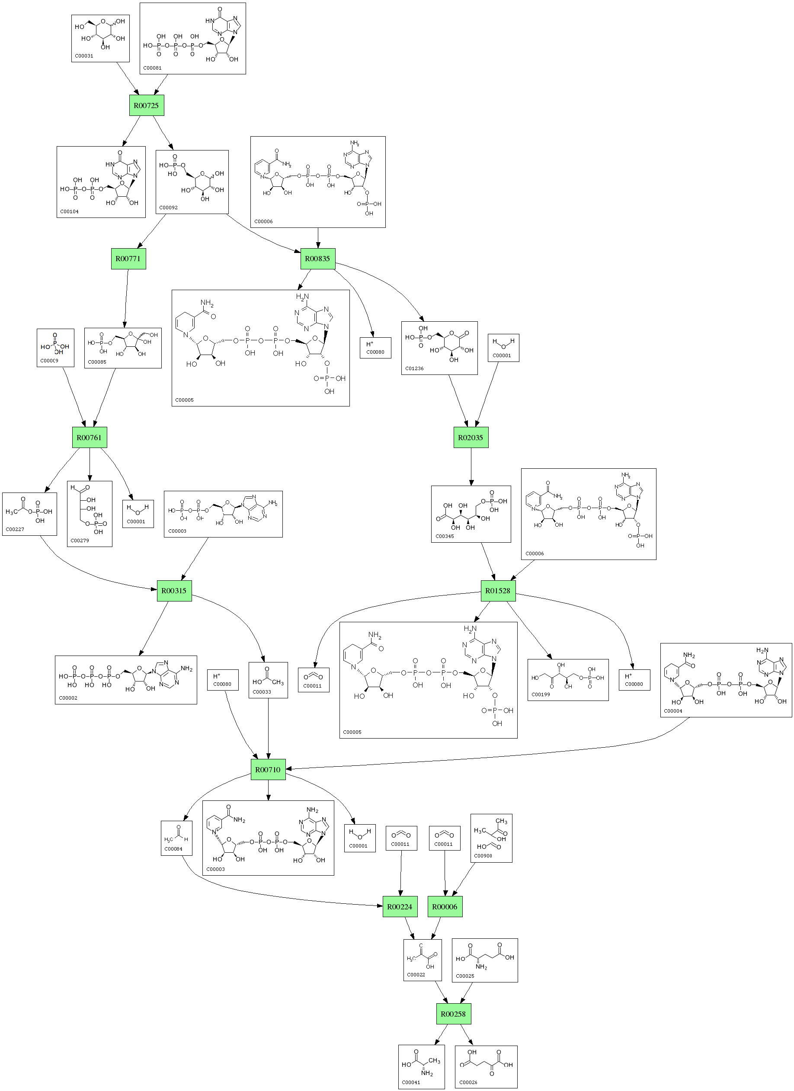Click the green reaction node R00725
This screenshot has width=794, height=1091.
tap(146, 106)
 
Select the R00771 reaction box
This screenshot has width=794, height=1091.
tap(128, 259)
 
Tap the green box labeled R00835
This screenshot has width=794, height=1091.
tap(317, 259)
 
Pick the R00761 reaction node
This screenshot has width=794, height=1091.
tap(90, 438)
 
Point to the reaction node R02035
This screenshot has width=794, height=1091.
tap(471, 438)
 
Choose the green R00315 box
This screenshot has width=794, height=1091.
tap(174, 591)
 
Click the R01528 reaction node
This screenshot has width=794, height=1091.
tap(498, 591)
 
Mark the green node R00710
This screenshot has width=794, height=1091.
tap(268, 770)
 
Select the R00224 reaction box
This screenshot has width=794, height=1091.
tap(400, 907)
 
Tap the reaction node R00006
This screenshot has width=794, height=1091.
tap(445, 907)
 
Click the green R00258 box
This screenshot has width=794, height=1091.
tap(453, 1014)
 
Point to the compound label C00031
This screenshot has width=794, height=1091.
tap(84, 56)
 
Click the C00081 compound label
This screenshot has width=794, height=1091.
tap(153, 68)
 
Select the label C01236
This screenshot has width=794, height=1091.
tap(414, 368)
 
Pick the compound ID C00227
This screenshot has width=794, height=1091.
tap(15, 529)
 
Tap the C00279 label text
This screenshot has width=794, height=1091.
tap(80, 540)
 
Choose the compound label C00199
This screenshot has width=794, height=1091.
tap(541, 694)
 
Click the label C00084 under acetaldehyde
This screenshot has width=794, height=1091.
tap(173, 849)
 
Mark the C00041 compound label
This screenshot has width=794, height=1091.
tap(411, 1082)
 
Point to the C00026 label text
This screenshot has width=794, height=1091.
tap(468, 1082)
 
